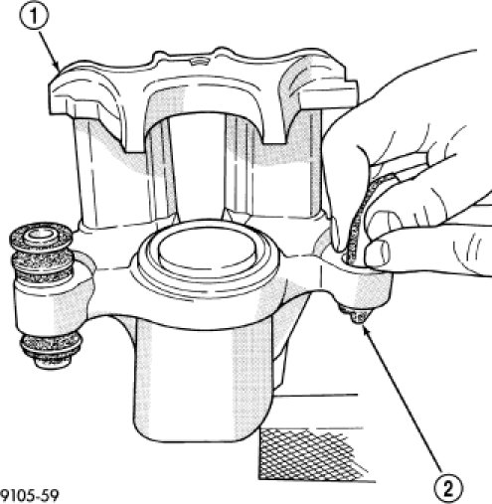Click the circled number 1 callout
point(35,17)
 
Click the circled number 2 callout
point(448,488)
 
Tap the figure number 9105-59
point(30,496)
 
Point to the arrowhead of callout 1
point(58,68)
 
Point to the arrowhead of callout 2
point(365,329)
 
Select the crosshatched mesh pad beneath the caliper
point(311,454)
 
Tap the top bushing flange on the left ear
point(41,236)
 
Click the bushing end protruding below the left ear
point(52,351)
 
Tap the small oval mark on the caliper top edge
point(200,62)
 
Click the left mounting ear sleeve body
point(50,305)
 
